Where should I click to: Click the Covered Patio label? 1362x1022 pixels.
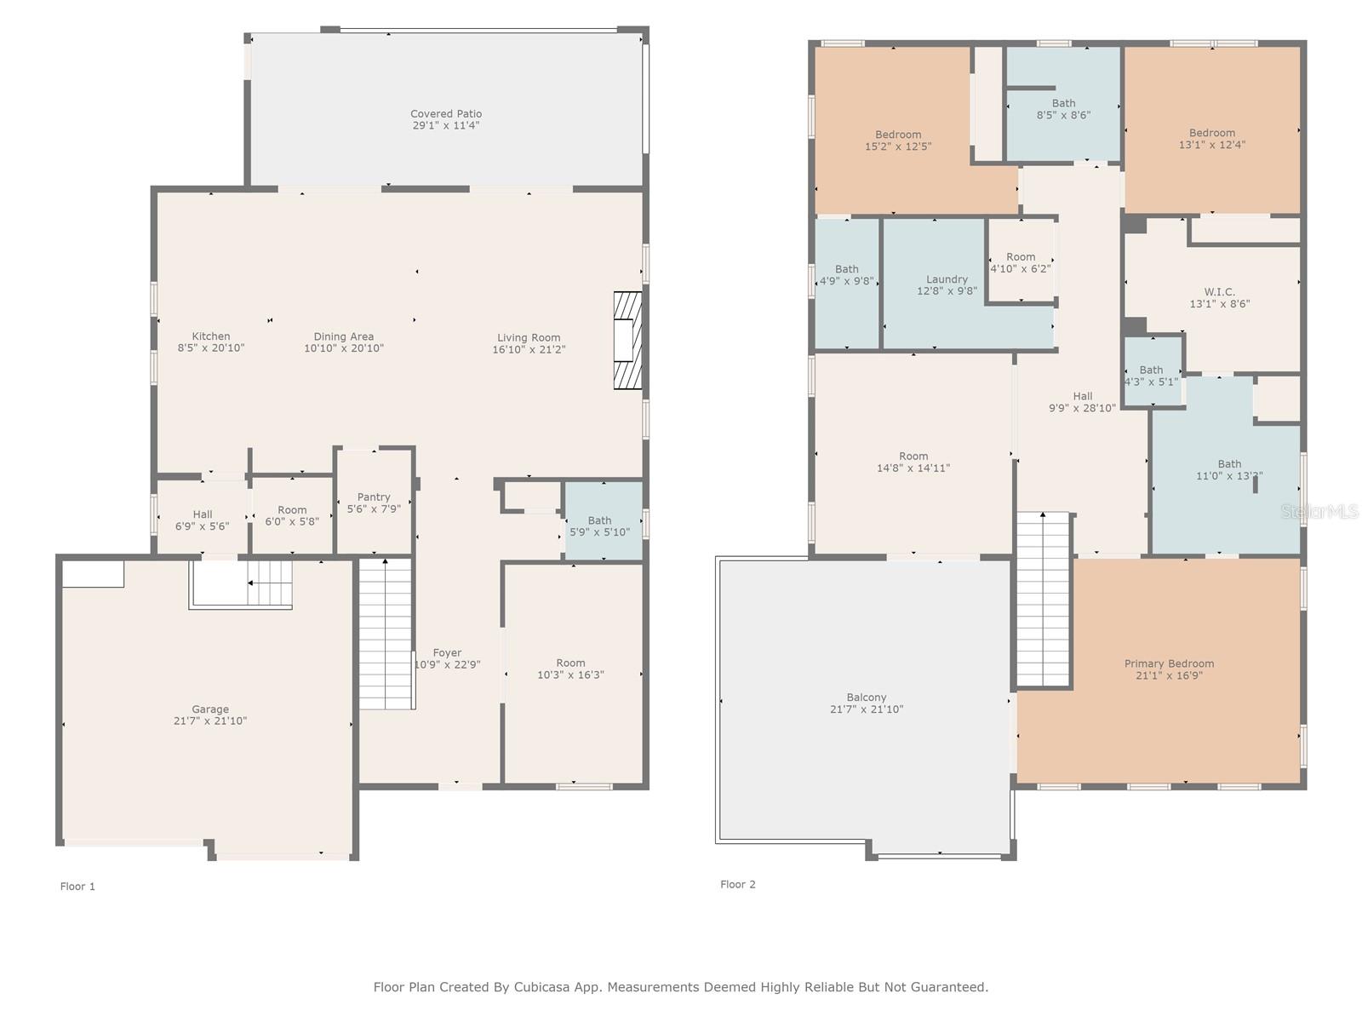[x=446, y=114]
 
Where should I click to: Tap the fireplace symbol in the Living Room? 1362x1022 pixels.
[x=627, y=341]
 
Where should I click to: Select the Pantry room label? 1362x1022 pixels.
[x=374, y=497]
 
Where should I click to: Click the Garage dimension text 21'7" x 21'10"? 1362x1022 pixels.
[x=210, y=721]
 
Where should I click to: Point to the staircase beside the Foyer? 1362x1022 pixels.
[x=386, y=634]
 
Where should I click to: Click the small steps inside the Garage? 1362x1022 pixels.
[x=269, y=583]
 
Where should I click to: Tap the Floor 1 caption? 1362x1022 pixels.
[x=77, y=887]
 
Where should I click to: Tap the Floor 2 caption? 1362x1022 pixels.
[x=738, y=885]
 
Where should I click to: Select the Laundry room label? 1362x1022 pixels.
[x=947, y=279]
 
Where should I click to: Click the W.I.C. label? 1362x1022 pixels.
[x=1219, y=292]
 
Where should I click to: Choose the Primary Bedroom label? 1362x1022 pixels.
[x=1169, y=664]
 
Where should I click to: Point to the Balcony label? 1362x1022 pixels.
[x=867, y=698]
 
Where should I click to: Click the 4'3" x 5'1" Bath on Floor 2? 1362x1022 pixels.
[x=1151, y=376]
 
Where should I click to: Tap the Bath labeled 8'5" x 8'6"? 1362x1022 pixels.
[x=1063, y=109]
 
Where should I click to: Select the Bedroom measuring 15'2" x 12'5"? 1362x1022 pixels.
[x=898, y=141]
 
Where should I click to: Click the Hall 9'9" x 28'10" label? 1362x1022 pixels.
[x=1082, y=402]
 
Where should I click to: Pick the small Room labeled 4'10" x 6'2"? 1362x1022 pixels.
[x=1021, y=262]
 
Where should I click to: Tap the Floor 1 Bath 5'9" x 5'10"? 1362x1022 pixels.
[x=599, y=526]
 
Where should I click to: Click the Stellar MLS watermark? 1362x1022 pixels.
[x=1319, y=512]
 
